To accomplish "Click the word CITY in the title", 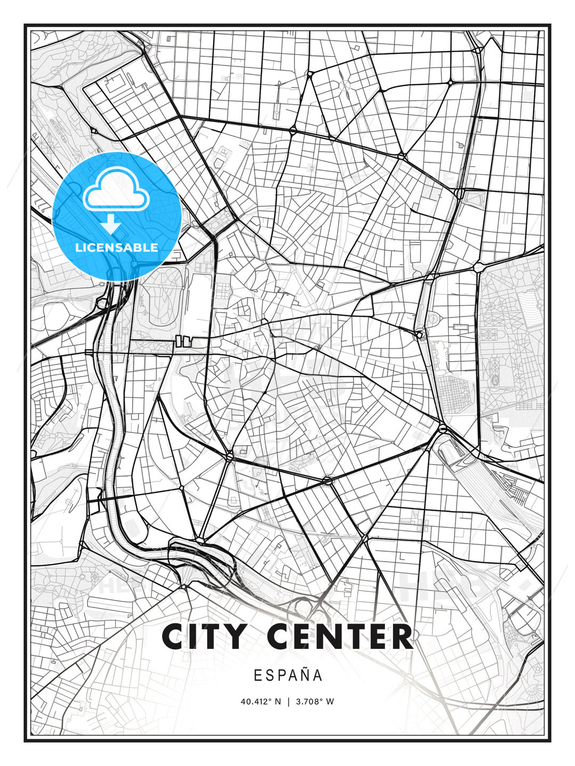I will point(204,636).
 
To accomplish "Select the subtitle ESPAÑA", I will point(288,676).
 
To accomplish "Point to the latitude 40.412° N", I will point(260,702).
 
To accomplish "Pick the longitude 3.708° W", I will point(315,702).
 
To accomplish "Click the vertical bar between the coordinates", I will point(289,702).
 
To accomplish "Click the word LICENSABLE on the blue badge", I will point(117,247).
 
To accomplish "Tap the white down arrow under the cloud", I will point(111,224).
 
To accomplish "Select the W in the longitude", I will point(330,702).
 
